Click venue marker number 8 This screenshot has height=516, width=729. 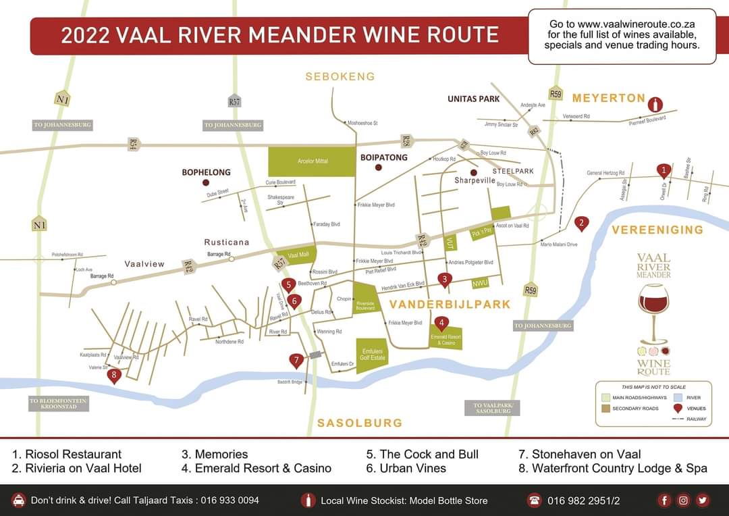[113, 375]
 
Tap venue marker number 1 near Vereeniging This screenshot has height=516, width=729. [664, 170]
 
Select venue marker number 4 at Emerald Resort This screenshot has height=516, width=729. [441, 324]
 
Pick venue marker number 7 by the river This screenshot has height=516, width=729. [296, 361]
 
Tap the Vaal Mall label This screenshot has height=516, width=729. [298, 255]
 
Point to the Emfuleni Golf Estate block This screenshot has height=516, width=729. [373, 354]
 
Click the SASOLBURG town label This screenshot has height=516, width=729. [360, 423]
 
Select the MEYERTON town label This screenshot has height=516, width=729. [609, 98]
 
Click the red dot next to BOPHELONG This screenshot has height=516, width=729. [206, 182]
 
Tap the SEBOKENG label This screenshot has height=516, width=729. [340, 76]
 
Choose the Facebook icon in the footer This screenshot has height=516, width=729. [665, 500]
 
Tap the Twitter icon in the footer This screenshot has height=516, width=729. [703, 500]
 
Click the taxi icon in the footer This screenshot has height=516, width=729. [19, 500]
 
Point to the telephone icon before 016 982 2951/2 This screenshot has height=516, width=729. [535, 500]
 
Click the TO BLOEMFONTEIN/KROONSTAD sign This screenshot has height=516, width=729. [59, 403]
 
